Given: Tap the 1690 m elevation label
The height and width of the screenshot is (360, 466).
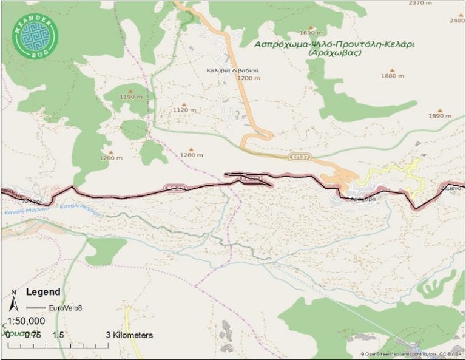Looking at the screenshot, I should pos(310,33).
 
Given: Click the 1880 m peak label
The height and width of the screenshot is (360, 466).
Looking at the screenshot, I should pos(392,76).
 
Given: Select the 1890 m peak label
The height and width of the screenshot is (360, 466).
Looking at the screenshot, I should pos(440,115).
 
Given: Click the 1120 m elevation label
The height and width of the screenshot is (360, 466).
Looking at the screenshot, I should pos(184,110).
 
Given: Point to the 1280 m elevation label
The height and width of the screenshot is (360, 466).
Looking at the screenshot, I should pos(192,155).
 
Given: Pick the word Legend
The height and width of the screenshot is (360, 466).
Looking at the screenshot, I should pos(43,291).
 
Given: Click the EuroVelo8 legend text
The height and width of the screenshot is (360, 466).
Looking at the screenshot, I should pos(66,307).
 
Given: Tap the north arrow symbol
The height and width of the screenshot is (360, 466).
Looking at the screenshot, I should pos(14,301).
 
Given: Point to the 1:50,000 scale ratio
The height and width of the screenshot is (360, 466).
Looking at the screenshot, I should pos(26,321).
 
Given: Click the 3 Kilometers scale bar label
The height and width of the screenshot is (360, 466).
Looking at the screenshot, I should pos(129,335).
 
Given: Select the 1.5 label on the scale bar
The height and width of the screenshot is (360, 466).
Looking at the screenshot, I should pos(58,335).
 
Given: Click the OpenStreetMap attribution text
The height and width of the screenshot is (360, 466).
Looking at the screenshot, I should pos(413,354).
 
